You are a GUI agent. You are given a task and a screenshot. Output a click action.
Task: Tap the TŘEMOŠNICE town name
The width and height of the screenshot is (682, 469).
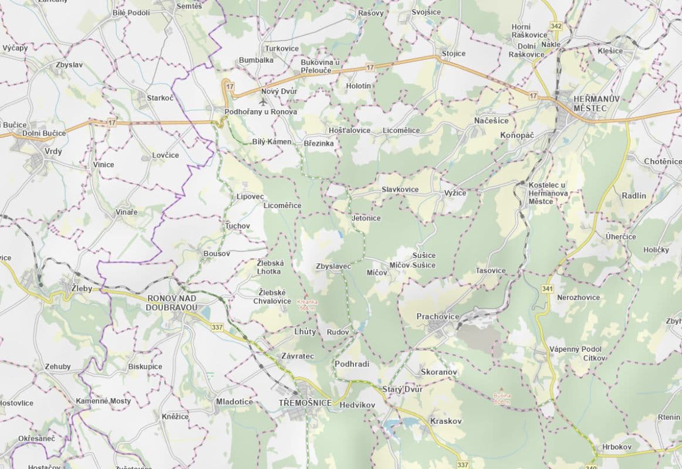click(305, 403)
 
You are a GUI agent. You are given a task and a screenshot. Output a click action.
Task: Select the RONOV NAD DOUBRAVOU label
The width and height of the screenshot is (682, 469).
click(172, 303)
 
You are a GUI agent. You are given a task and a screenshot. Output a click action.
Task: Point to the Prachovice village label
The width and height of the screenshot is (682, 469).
click(438, 317)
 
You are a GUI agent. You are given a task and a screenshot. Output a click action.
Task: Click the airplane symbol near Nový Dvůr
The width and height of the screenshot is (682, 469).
click(254, 101)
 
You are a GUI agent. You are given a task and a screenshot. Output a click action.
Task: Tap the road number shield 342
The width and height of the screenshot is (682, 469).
click(556, 26)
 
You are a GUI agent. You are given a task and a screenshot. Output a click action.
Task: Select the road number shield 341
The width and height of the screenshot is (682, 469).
click(548, 288)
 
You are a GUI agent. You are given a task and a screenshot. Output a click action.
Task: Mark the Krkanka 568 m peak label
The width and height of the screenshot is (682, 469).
click(308, 305)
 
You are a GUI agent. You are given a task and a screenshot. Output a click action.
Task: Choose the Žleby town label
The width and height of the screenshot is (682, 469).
click(82, 289)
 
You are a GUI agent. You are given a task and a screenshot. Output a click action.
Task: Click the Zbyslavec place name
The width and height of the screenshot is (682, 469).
click(333, 266)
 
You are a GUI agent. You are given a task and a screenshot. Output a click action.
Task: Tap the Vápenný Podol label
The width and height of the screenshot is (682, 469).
click(578, 349)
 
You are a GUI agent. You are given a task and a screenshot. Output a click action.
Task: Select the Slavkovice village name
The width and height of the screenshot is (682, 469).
click(400, 189)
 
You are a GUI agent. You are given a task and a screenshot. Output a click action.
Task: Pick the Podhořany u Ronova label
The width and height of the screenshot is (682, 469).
click(261, 111)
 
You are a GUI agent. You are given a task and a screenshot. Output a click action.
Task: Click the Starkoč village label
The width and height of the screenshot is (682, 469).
click(160, 98)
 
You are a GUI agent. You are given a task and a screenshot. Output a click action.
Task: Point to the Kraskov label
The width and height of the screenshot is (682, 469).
click(446, 421)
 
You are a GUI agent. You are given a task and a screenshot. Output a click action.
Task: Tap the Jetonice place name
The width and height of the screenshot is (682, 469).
click(366, 218)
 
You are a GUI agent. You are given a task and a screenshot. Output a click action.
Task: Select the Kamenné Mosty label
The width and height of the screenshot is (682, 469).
click(103, 401)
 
